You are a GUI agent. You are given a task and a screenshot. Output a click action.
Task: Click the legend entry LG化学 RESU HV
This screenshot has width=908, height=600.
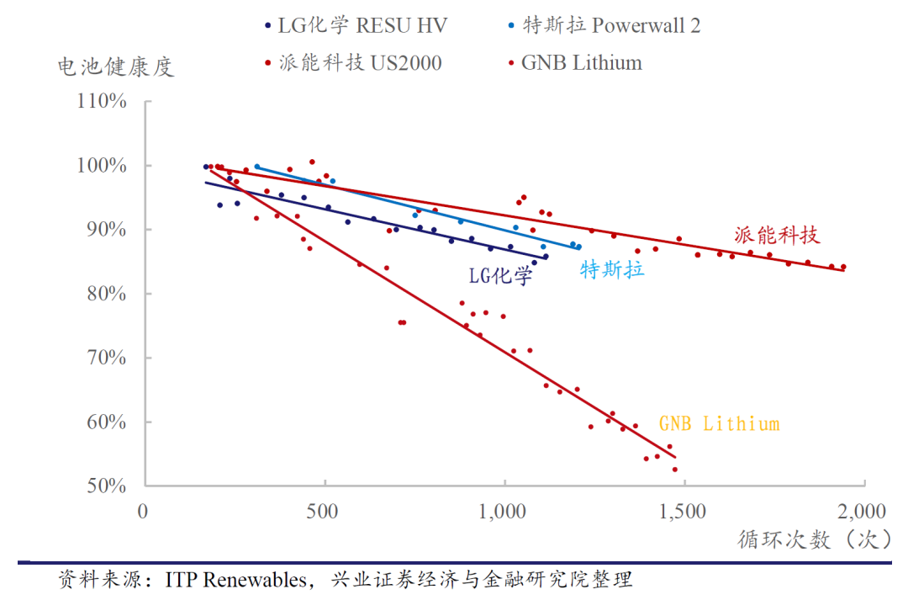pyautogui.click(x=362, y=25)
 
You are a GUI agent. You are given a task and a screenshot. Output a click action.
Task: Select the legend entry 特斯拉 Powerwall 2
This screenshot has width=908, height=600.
pyautogui.click(x=611, y=25)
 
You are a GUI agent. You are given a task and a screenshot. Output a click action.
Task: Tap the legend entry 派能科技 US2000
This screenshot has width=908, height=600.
pyautogui.click(x=359, y=63)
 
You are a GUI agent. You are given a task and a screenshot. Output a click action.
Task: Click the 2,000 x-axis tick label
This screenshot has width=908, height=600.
pyautogui.click(x=862, y=511)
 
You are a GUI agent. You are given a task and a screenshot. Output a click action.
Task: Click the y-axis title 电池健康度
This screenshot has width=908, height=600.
pyautogui.click(x=116, y=66)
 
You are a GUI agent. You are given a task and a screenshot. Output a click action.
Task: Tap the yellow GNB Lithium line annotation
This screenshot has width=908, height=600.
pyautogui.click(x=718, y=423)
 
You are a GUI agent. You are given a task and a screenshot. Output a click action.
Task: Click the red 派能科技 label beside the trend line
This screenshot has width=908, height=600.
pyautogui.click(x=776, y=235)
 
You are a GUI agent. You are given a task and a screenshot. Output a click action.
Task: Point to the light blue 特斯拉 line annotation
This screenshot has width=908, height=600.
pyautogui.click(x=612, y=270)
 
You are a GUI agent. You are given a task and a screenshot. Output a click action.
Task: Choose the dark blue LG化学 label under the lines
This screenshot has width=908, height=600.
pyautogui.click(x=500, y=275)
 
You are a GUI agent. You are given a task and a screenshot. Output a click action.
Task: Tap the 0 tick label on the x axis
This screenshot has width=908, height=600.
pyautogui.click(x=143, y=511)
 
